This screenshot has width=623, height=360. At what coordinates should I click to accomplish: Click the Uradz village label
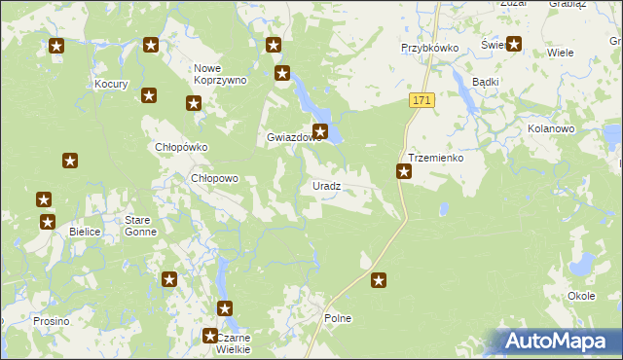[326, 186]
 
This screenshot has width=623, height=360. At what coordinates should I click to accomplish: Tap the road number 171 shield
[421, 101]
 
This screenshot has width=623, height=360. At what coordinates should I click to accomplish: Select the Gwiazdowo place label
[293, 138]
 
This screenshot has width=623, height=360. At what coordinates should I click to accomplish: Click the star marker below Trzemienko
[404, 172]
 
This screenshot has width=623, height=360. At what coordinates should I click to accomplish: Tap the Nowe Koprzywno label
[221, 74]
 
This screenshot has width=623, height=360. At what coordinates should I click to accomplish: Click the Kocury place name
[112, 85]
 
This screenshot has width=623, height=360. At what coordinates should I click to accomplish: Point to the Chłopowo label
[213, 179]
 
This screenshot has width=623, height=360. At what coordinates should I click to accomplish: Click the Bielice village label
[87, 233]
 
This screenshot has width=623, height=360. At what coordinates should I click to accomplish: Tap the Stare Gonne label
[143, 227]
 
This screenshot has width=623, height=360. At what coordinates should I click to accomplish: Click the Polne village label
[337, 318]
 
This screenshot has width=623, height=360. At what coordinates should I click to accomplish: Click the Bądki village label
[485, 82]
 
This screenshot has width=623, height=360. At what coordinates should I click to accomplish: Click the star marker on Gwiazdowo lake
[320, 131]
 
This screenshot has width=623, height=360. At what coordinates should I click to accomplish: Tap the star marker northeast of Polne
[380, 280]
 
